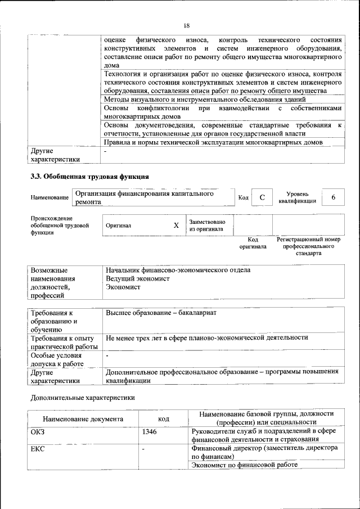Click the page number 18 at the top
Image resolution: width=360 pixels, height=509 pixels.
point(186,25)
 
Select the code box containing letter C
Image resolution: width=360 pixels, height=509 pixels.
point(262,197)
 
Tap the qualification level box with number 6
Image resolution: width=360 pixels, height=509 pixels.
point(334,197)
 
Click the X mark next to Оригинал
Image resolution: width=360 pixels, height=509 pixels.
point(175,225)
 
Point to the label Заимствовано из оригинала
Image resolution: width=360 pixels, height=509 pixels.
point(207,225)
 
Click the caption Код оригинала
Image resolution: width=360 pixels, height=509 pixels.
point(253,243)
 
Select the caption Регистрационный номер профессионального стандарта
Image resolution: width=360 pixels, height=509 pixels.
point(308,246)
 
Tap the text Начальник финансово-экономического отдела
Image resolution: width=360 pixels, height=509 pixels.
point(178,270)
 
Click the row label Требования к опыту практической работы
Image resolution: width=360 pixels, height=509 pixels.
point(64,342)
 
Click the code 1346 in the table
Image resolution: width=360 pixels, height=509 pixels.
point(150,432)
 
